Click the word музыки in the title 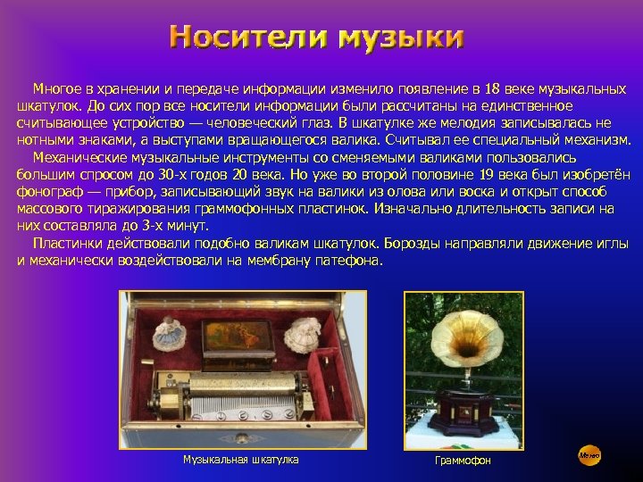(x=400, y=37)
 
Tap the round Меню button (x=589, y=455)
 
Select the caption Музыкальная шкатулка (x=241, y=459)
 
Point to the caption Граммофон (x=463, y=460)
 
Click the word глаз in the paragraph (x=319, y=123)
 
